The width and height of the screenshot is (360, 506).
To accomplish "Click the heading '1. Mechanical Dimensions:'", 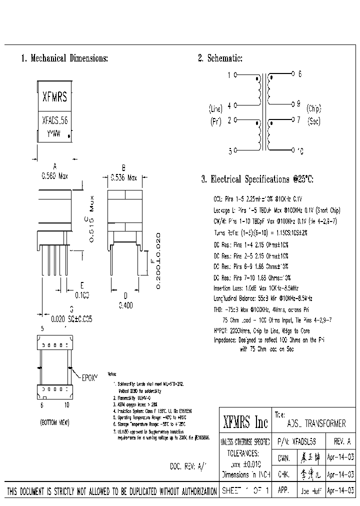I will click(64, 58).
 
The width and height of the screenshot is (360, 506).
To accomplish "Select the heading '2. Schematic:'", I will click(220, 58).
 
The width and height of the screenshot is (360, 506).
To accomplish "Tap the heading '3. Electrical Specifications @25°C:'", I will click(257, 179).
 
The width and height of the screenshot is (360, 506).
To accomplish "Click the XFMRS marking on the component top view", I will click(54, 97).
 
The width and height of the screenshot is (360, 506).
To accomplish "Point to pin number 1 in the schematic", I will click(229, 75).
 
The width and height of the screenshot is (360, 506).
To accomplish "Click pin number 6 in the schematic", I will click(299, 74).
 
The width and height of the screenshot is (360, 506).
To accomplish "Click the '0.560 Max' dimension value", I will click(54, 176).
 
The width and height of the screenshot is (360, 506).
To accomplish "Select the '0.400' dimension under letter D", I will click(125, 304).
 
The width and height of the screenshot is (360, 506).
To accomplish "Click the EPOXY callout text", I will click(89, 375).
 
